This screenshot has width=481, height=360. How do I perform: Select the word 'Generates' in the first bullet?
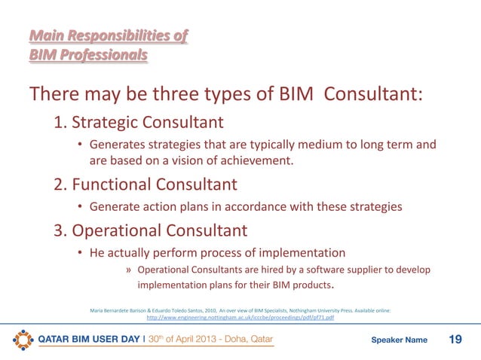click(118, 145)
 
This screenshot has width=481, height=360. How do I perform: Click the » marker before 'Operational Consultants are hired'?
click(130, 270)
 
